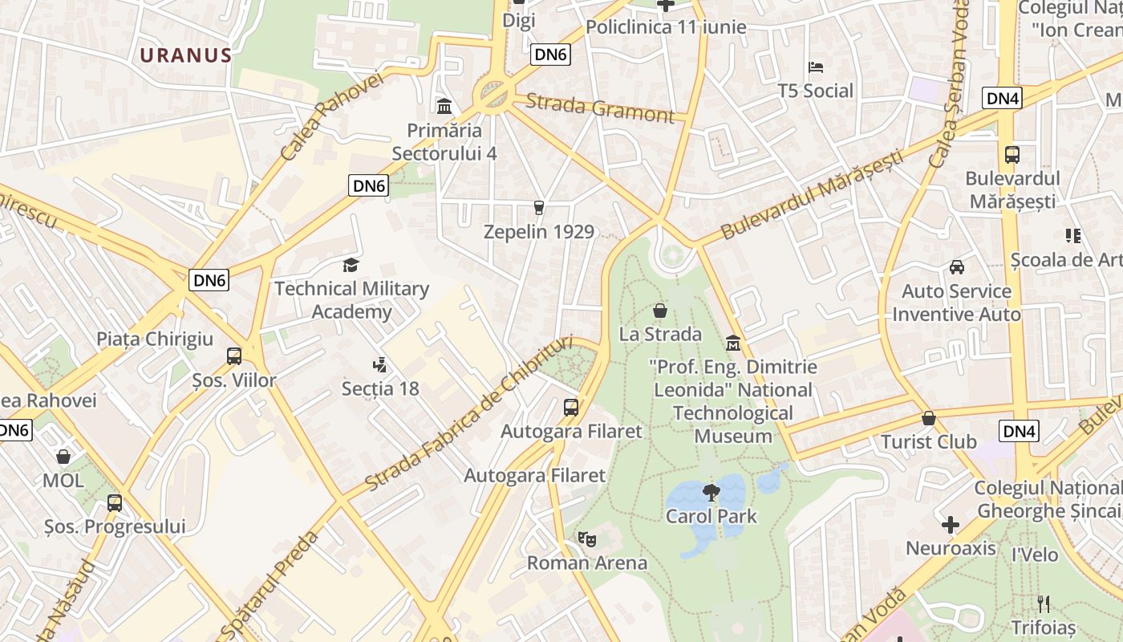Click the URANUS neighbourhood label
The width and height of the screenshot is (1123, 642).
pos(185,55)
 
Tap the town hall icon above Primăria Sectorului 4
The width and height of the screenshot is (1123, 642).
pos(444,106)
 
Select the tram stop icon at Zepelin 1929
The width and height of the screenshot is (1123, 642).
pos(539,208)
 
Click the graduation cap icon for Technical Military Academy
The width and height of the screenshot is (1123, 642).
pos(351,265)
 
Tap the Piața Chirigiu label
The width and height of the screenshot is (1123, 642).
pos(155,339)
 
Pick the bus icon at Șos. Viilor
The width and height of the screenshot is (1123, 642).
pos(234,356)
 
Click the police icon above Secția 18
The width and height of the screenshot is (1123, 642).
pos(380,365)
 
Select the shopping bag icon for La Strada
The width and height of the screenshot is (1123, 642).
pos(660,311)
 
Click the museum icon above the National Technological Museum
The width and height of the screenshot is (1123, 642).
pos(732,343)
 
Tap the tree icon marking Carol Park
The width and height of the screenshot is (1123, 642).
pos(711,492)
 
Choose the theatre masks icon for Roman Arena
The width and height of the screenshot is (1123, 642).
pos(587,538)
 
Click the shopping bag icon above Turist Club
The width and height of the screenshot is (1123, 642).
pos(929,418)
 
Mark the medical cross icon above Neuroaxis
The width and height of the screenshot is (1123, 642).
pos(951,526)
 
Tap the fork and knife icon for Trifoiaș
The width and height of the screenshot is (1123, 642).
pos(1043,603)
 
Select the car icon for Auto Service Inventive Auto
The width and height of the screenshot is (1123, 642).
pos(956,267)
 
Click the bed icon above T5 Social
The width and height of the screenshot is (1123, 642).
pos(816,67)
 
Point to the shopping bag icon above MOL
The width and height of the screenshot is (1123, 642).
pos(63,457)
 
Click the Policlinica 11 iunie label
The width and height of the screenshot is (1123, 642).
pos(666,27)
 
